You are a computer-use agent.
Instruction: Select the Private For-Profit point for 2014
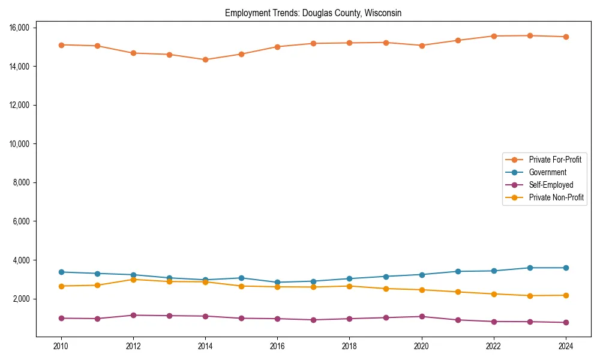pyautogui.click(x=205, y=59)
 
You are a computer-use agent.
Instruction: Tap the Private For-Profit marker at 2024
pyautogui.click(x=566, y=37)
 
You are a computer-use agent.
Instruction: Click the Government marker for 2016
pyautogui.click(x=277, y=282)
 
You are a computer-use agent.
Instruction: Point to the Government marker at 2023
pyautogui.click(x=530, y=268)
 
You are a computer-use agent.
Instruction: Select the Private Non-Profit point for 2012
pyautogui.click(x=133, y=279)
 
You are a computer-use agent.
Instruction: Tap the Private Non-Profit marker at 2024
pyautogui.click(x=566, y=295)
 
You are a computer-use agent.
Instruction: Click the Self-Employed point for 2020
pyautogui.click(x=422, y=316)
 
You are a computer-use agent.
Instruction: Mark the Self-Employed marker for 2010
pyautogui.click(x=61, y=318)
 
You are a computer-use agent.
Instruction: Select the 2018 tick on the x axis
pyautogui.click(x=349, y=346)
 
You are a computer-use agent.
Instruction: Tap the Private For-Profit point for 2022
pyautogui.click(x=494, y=36)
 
